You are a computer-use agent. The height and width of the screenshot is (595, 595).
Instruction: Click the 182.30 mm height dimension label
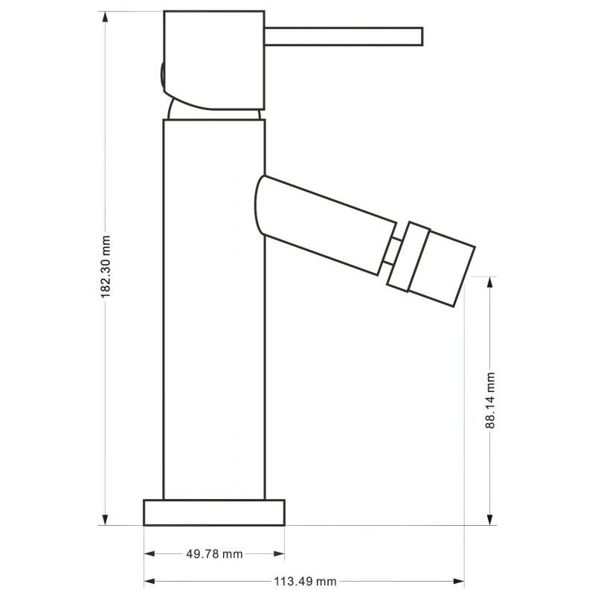(x=106, y=268)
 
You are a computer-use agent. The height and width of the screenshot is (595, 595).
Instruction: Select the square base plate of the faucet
(x=214, y=512)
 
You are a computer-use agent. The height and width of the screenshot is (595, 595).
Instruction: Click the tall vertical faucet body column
(x=214, y=312)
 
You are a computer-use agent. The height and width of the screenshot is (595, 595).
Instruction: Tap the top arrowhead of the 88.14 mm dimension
(x=491, y=282)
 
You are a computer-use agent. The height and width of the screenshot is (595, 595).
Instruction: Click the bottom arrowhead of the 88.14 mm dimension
(x=491, y=520)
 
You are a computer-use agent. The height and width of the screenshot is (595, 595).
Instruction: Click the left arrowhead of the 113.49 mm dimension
(x=148, y=581)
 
